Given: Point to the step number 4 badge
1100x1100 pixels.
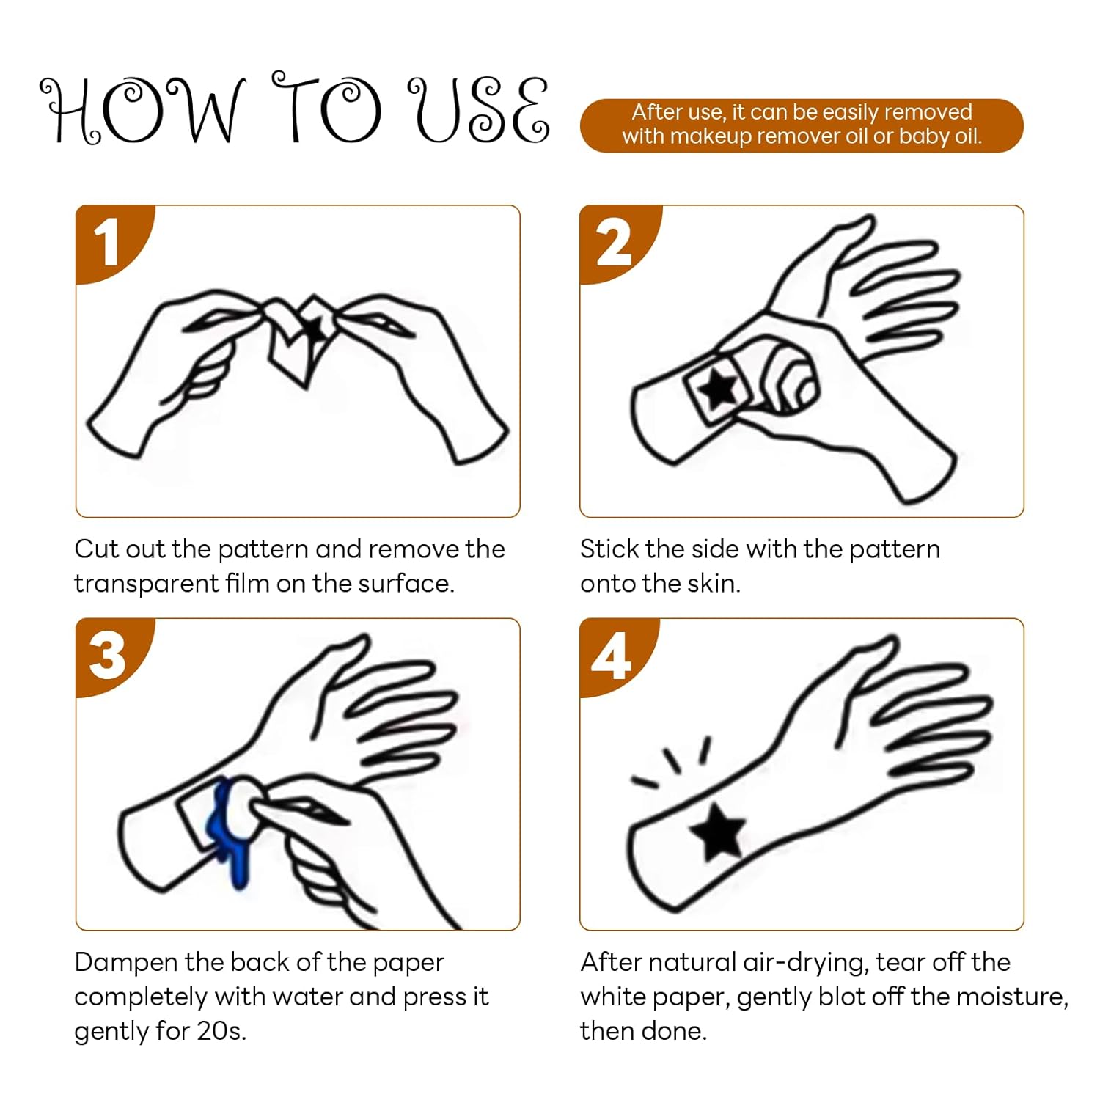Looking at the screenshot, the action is [613, 655].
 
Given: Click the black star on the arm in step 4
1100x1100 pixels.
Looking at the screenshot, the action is [717, 831].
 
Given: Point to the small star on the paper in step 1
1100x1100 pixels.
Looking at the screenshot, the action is [314, 328].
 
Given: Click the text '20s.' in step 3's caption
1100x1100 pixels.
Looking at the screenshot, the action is [221, 1031].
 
